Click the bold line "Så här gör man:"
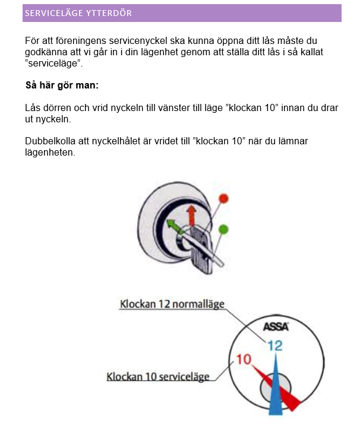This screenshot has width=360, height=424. [x=62, y=86]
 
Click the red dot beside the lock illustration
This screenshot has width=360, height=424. [x=223, y=198]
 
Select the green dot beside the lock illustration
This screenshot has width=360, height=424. [x=223, y=229]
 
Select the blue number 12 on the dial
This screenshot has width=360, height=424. [x=274, y=344]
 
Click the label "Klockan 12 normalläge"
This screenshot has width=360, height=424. [x=172, y=304]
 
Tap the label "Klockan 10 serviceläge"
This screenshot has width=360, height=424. [x=158, y=377]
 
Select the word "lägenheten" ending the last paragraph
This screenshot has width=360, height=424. [x=50, y=153]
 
